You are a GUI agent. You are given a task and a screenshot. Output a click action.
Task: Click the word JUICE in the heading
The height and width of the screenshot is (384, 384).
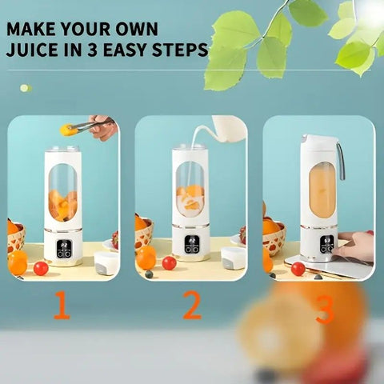32,50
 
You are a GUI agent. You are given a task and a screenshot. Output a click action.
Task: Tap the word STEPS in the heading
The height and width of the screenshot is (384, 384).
180,50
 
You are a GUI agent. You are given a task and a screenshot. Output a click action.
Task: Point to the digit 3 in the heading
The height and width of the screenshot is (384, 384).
92,50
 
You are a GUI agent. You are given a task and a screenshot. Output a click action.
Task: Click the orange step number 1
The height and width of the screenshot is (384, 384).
62,305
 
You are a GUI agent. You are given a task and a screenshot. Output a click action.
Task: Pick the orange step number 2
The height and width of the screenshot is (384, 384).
192,305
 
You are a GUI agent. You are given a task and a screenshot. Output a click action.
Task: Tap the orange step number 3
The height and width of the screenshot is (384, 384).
325,310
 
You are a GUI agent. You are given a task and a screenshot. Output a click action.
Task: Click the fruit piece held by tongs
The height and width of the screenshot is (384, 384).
66,130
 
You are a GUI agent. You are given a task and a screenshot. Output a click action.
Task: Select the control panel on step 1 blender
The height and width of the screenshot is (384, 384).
63,248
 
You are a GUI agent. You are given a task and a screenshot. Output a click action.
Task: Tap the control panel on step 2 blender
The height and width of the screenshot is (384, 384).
191,244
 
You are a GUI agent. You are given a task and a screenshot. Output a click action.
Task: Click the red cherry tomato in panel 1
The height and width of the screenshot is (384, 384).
41,268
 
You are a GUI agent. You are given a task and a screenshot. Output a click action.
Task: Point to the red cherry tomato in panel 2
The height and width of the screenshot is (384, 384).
169,263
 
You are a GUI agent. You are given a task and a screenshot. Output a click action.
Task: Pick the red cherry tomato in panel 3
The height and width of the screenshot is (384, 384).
298,269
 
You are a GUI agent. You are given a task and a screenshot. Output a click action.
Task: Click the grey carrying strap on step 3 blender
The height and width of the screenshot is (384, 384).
341,161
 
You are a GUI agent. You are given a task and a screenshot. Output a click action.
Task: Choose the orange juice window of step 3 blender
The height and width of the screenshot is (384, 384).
322,190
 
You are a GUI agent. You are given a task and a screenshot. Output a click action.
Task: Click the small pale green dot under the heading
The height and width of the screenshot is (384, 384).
26,88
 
